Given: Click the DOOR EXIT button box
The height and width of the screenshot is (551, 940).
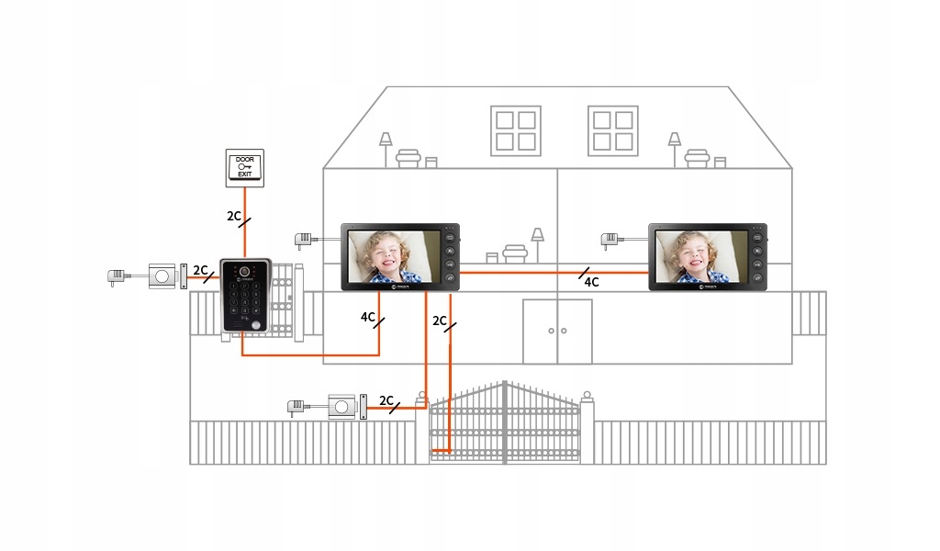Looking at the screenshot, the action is pos(244,167).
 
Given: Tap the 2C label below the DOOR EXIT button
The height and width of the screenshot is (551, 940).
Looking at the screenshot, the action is pos(235,217).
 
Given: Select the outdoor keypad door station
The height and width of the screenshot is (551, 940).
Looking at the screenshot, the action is pos(245,296).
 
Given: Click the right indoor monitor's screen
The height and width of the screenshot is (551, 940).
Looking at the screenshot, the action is pos(699,256).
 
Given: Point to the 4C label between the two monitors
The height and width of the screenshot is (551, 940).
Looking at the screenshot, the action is pos(591,282).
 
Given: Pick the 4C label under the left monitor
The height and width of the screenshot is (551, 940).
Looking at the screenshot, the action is pos(368,318).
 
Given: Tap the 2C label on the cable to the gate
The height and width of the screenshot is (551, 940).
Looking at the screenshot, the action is pos(440,321).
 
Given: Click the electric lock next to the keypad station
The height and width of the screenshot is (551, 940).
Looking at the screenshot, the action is pos(166,275).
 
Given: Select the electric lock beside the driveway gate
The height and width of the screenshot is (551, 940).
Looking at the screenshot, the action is pos(345,407).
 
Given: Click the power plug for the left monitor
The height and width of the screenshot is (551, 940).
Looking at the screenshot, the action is pos(303,241).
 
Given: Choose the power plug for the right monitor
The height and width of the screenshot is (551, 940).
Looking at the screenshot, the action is pos(610,241).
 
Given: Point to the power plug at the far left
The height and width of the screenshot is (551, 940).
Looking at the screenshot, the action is pos(117,275).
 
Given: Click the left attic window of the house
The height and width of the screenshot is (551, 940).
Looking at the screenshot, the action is pos(515,129).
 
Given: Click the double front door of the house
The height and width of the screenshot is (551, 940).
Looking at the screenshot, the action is pos(557,331).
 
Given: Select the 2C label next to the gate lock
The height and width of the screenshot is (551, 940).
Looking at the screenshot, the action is pos(386,401).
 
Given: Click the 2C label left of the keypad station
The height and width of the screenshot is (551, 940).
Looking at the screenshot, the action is pos(201,270).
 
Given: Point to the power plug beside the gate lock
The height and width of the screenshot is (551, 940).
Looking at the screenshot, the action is pos(297,407).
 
